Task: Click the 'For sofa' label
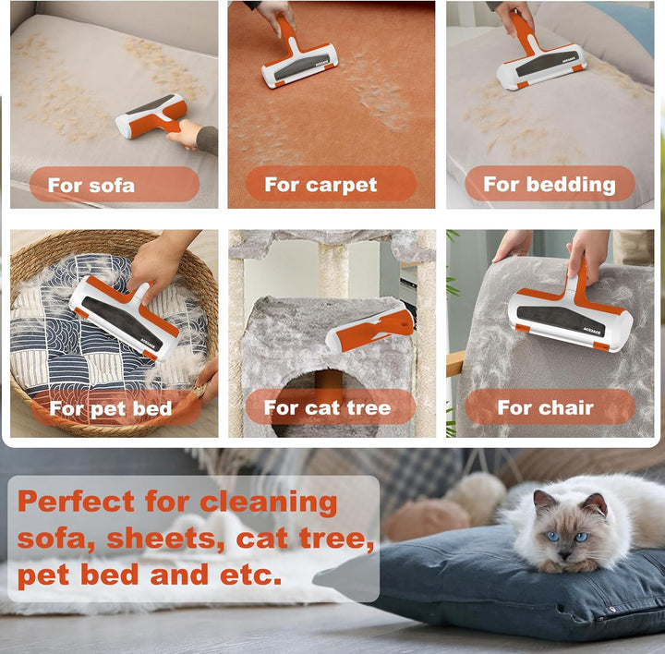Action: [x=91, y=186]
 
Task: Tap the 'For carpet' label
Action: [x=320, y=185]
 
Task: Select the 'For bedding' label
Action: [x=550, y=185]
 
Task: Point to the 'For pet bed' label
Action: [x=111, y=408]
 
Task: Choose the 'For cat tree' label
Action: [x=327, y=407]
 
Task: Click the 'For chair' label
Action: [x=546, y=407]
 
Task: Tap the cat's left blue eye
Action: [x=552, y=536]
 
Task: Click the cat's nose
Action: [x=564, y=553]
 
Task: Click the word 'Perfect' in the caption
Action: [x=77, y=502]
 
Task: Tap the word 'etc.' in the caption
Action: [x=250, y=575]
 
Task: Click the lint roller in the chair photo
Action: [x=572, y=312]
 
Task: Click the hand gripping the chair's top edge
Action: [x=514, y=245]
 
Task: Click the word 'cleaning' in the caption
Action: [x=269, y=503]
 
